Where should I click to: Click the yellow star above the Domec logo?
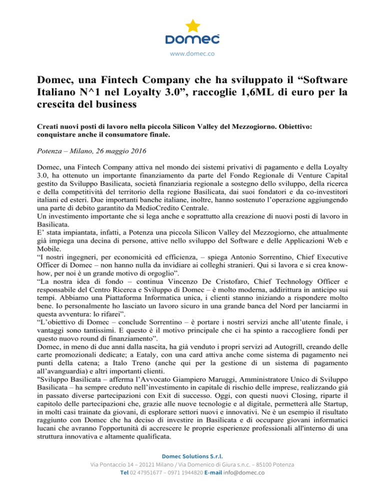coord(192,25)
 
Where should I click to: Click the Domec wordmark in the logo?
coord(192,39)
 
